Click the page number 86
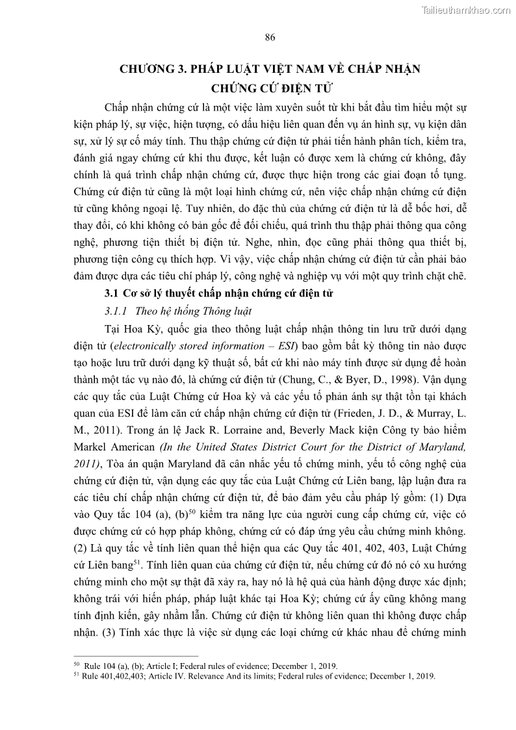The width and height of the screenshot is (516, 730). tap(270, 37)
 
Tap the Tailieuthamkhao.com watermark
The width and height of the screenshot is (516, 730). tap(466, 10)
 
